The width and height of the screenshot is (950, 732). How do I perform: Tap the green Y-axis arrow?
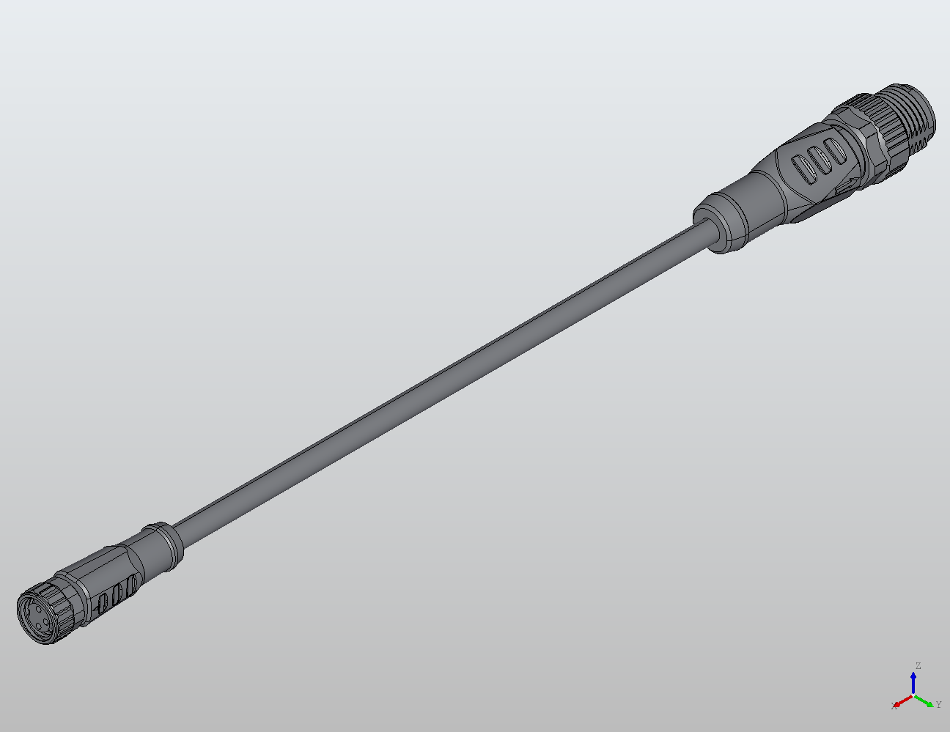click(926, 701)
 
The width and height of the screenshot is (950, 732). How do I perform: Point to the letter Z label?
click(917, 666)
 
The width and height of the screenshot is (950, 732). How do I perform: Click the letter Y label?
click(938, 705)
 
